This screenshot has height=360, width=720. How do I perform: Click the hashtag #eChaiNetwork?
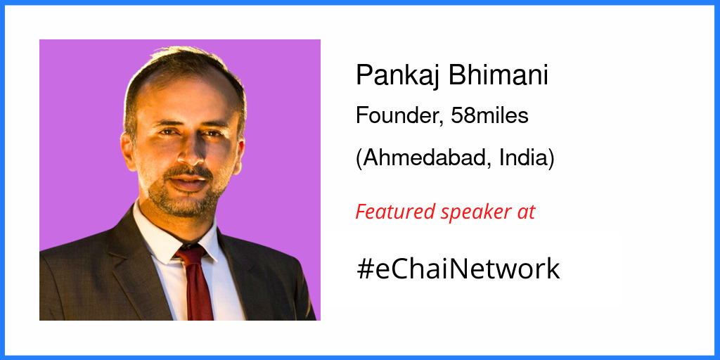[458, 269]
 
